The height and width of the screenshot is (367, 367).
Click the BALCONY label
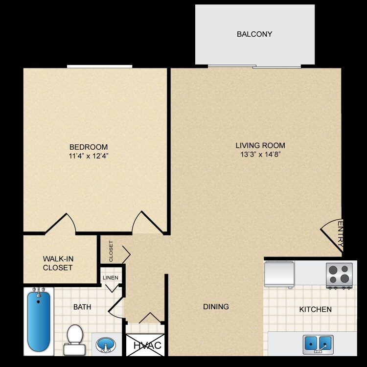254,34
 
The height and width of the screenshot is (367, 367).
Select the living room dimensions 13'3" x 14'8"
260,154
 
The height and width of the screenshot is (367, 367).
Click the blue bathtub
39,320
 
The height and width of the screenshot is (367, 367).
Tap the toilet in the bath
74,339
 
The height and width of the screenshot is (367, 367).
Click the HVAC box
145,345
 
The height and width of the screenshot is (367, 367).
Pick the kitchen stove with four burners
339,274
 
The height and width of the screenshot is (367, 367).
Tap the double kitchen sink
318,344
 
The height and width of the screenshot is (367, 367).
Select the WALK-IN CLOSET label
58,263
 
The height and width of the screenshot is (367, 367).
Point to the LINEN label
110,278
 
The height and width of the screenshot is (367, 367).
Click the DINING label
216,307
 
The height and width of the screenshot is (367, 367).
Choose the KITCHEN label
316,309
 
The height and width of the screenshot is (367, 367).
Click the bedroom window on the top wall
100,67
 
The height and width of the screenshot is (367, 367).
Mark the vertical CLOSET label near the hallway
111,251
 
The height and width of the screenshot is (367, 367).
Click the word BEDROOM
89,147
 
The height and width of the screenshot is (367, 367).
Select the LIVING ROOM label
260,145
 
